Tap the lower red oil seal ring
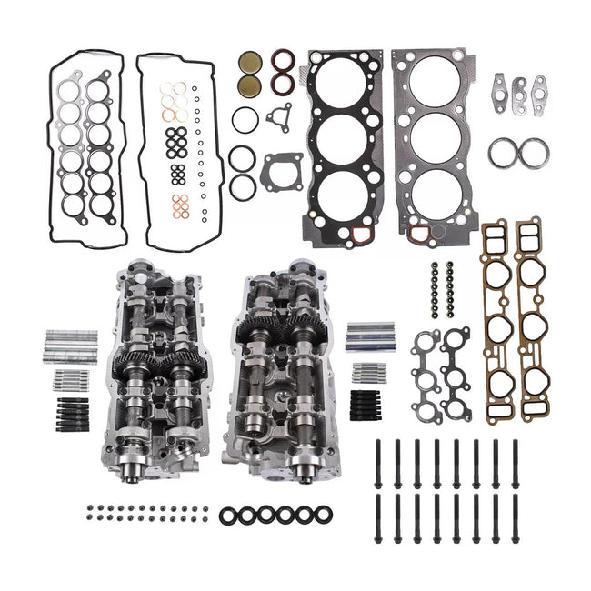285,88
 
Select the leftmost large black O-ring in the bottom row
227,514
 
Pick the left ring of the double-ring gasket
500,154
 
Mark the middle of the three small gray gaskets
520,89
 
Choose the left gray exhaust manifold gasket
427,364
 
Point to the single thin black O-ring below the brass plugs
245,119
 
